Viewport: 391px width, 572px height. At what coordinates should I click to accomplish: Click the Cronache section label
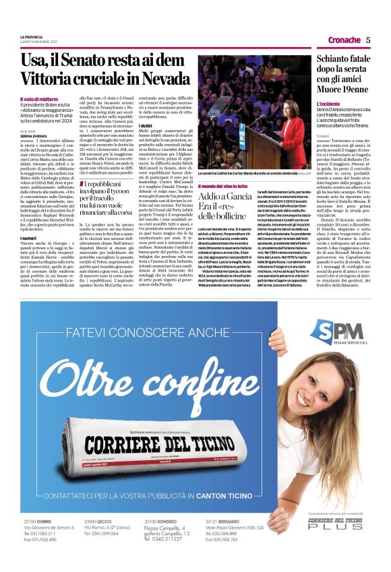344,40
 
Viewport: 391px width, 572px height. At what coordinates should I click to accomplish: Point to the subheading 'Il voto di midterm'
39,99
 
